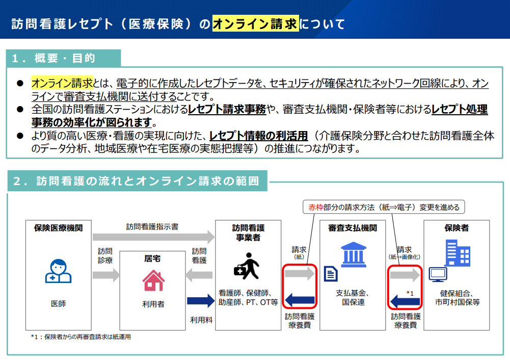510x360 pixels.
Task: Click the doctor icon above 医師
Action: [x=58, y=271]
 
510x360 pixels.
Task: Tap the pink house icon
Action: [x=153, y=280]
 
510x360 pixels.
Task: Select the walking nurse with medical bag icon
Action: [x=247, y=266]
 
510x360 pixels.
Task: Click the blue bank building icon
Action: [x=354, y=254]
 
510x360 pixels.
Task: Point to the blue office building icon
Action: [x=458, y=253]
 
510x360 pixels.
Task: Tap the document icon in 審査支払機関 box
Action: [x=331, y=273]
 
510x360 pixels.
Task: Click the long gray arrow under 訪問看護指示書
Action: [x=153, y=237]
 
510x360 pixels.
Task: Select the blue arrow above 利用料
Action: [x=201, y=301]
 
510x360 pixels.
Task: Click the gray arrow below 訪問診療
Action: [x=106, y=275]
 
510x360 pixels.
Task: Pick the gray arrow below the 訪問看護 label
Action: [x=199, y=275]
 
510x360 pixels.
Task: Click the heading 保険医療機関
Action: [x=59, y=228]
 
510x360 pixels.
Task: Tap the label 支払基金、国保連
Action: [x=353, y=297]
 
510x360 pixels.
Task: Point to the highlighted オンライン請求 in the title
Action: [x=255, y=24]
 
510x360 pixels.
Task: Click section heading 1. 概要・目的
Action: [x=53, y=58]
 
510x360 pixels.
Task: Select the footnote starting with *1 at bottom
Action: [x=80, y=337]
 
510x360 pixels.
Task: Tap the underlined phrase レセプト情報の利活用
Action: [x=259, y=136]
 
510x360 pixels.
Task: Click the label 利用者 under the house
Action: [x=153, y=304]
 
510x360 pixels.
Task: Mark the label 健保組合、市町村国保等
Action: [x=458, y=297]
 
